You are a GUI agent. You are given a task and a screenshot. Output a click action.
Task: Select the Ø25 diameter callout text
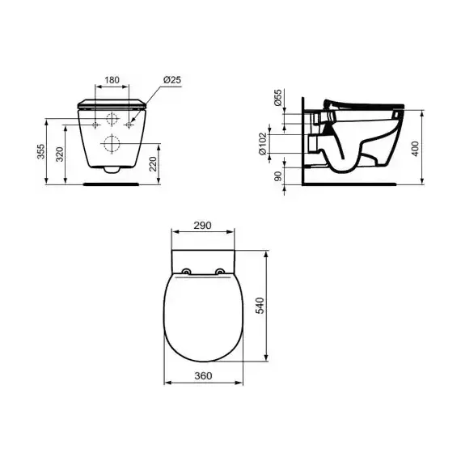click(x=171, y=80)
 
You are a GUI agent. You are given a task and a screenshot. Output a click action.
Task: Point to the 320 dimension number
click(x=60, y=154)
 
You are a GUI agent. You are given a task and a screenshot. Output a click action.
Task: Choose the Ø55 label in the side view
click(x=278, y=99)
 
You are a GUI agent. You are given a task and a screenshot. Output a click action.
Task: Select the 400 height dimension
click(x=415, y=146)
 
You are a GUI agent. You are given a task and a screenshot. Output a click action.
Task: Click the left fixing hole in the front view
click(x=96, y=125)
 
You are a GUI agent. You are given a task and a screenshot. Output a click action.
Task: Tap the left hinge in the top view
click(x=187, y=271)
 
